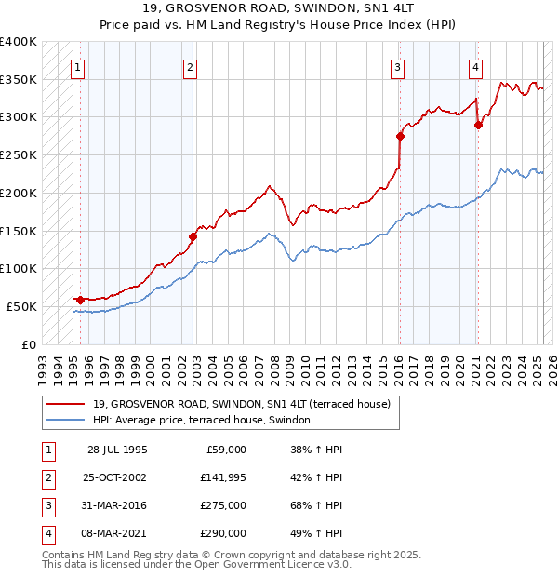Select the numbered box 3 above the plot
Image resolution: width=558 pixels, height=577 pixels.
[x=397, y=67]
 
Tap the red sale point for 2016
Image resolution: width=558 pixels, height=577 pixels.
[x=400, y=136]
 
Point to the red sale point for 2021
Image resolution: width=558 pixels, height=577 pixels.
[x=478, y=125]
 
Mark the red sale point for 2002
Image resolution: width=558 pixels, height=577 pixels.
[x=193, y=236]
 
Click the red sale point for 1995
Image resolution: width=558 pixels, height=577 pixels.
[x=81, y=300]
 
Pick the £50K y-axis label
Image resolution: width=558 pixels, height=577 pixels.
[x=22, y=306]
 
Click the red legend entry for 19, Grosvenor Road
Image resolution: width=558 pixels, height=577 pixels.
[x=247, y=404]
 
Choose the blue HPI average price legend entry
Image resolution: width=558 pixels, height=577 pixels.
[x=208, y=421]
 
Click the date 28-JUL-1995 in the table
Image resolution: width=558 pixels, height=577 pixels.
[x=117, y=450]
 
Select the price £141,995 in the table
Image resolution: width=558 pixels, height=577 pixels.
[x=223, y=477]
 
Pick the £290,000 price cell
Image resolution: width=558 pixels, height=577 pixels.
[x=223, y=533]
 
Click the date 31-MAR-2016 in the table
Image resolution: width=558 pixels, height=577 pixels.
[x=117, y=505]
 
